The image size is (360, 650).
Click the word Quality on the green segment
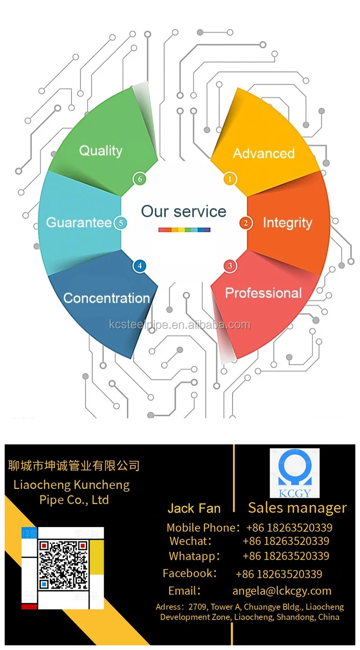101,151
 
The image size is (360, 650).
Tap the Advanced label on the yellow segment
264,153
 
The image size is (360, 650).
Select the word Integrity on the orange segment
287,223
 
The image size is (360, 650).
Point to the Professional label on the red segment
264,293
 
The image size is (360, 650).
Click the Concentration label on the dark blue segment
107,298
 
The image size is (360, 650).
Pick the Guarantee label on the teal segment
79,222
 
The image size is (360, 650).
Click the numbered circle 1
230,179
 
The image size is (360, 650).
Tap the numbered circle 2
246,223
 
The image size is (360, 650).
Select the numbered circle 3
230,266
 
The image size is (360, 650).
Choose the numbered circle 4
139,266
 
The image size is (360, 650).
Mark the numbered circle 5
121,223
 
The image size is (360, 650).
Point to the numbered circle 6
139,179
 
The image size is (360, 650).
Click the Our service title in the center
184,211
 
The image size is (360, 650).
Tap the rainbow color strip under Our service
184,229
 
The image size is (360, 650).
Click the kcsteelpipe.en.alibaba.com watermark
180,325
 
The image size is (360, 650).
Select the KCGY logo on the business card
295,473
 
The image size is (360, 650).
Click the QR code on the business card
63,564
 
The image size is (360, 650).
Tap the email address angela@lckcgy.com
282,591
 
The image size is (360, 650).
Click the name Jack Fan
194,508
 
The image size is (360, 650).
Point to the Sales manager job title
297,507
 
